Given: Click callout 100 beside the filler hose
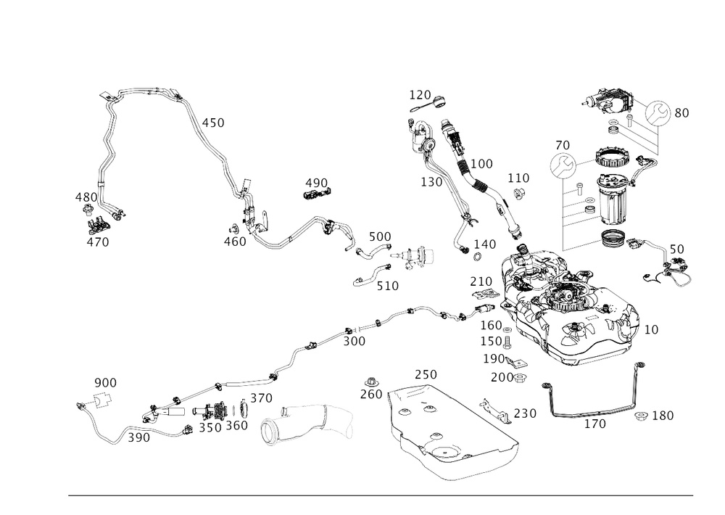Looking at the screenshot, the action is pos(482,164).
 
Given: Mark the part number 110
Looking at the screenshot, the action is pos(518,178).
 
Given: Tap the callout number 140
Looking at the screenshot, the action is pos(485,244).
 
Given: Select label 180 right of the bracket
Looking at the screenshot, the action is pos(663,415).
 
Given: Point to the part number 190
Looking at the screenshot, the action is pos(595,423).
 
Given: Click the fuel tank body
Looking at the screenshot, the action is pos(573,312).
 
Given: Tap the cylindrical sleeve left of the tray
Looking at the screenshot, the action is pos(308,424).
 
